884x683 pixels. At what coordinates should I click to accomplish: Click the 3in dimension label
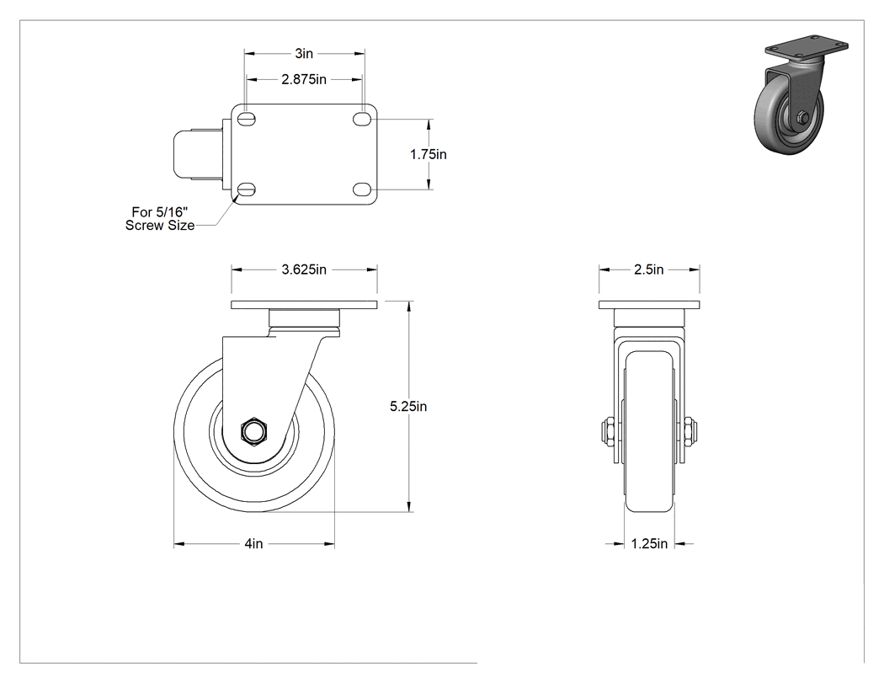click(x=304, y=54)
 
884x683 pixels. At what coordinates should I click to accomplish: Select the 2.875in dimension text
click(x=304, y=79)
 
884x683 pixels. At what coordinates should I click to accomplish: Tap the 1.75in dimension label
click(x=428, y=154)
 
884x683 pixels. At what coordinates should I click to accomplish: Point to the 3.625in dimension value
click(x=304, y=269)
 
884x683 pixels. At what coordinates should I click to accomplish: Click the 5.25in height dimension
click(x=408, y=406)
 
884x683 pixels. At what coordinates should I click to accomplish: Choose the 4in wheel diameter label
click(x=253, y=544)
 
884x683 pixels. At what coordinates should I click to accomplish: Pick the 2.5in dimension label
click(x=649, y=269)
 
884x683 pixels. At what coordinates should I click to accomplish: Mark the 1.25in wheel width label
click(x=649, y=544)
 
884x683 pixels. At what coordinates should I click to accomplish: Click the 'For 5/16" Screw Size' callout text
click(x=160, y=219)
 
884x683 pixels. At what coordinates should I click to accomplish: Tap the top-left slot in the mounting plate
click(x=247, y=119)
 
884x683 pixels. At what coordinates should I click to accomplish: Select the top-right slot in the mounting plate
click(x=361, y=119)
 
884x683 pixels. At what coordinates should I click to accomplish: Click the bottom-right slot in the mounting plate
click(x=361, y=189)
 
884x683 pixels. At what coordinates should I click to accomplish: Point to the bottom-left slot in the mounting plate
click(x=247, y=189)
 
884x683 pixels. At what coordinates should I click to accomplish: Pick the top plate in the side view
click(x=304, y=305)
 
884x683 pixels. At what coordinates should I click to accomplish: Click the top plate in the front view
click(x=649, y=305)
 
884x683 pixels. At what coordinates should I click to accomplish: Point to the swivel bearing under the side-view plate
click(x=304, y=323)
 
